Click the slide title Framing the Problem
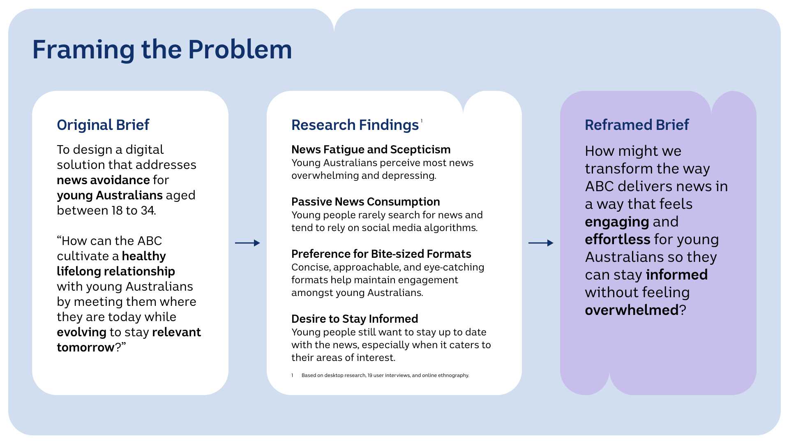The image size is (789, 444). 162,50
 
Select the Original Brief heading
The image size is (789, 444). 103,125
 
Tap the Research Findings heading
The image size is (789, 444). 355,125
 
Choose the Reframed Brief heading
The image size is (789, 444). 637,125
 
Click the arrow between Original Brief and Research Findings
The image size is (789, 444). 247,243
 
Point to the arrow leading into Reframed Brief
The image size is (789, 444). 541,243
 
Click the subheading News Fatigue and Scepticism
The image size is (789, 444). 371,150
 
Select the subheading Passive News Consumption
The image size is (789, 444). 365,202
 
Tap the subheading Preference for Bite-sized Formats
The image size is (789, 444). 381,254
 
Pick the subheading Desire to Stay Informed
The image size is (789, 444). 354,319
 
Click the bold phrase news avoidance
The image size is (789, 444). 103,180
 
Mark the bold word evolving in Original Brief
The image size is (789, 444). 81,332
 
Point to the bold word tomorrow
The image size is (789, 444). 85,347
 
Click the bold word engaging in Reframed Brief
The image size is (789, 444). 617,222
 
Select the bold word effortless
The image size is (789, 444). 617,239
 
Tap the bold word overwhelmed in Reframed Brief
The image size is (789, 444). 632,310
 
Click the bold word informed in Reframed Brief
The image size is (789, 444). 676,275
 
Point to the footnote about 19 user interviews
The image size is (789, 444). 385,375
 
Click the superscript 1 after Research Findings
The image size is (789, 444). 422,120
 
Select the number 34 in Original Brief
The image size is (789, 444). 148,210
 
